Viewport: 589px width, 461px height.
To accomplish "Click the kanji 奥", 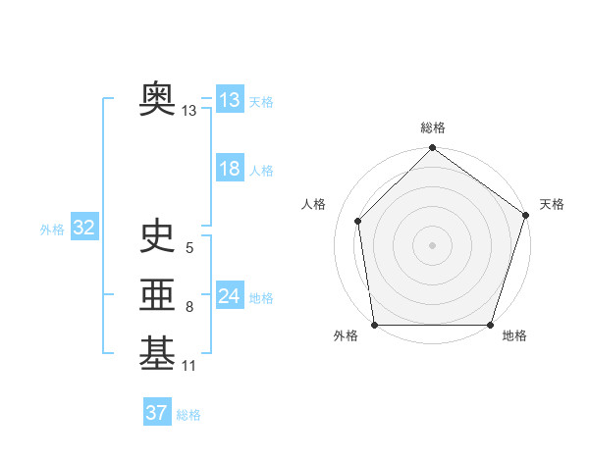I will [158, 100].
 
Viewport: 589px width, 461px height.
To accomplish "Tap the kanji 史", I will [158, 236].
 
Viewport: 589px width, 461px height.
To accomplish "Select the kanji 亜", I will [158, 295].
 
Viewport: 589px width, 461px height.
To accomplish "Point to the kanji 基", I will [158, 354].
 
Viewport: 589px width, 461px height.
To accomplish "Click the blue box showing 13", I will [230, 99].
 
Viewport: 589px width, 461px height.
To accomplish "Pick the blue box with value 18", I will [230, 169].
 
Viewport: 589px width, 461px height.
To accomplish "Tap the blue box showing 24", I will [230, 295].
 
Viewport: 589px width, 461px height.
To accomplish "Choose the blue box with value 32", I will [84, 229].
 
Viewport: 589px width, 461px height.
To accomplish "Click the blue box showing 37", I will [157, 413].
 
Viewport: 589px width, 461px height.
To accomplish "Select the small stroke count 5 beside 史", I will [188, 249].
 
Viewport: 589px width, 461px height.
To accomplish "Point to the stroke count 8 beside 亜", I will [188, 308].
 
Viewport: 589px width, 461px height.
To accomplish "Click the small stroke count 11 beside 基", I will [189, 367].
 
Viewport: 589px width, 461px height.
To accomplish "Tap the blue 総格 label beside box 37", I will [188, 415].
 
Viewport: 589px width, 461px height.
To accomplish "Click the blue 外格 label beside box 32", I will [52, 230].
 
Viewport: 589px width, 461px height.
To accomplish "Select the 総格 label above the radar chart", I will [433, 128].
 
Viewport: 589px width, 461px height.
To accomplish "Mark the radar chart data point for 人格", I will [357, 221].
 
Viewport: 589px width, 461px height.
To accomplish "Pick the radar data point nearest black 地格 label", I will [491, 325].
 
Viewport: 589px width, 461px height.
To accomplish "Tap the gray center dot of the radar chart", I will [432, 244].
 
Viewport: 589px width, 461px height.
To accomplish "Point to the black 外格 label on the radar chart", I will [346, 336].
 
